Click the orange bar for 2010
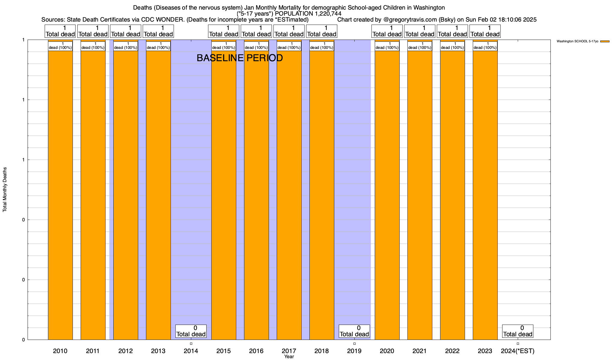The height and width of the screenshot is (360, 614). point(60,195)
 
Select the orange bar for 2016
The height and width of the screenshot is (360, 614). point(256,195)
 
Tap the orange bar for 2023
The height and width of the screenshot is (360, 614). point(485,195)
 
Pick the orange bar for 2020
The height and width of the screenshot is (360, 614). point(387,195)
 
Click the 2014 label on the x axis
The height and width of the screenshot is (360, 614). point(191,351)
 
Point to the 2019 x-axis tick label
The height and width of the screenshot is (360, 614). point(354,351)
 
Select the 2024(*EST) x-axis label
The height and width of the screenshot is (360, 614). point(518,351)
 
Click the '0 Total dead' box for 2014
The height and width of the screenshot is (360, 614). point(191,331)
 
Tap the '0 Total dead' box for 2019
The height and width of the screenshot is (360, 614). point(354,331)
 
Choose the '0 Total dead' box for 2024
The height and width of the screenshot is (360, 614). point(518,331)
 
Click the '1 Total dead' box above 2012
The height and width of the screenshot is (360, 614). point(126,31)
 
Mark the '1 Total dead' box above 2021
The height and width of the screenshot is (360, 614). point(420,31)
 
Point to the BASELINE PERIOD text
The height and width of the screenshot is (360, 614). point(240,58)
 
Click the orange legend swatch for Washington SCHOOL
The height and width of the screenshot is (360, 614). point(605,41)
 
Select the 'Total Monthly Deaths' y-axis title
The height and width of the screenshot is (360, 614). point(5,190)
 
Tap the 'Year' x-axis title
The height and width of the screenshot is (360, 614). point(289,357)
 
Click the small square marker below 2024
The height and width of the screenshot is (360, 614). point(518,343)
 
